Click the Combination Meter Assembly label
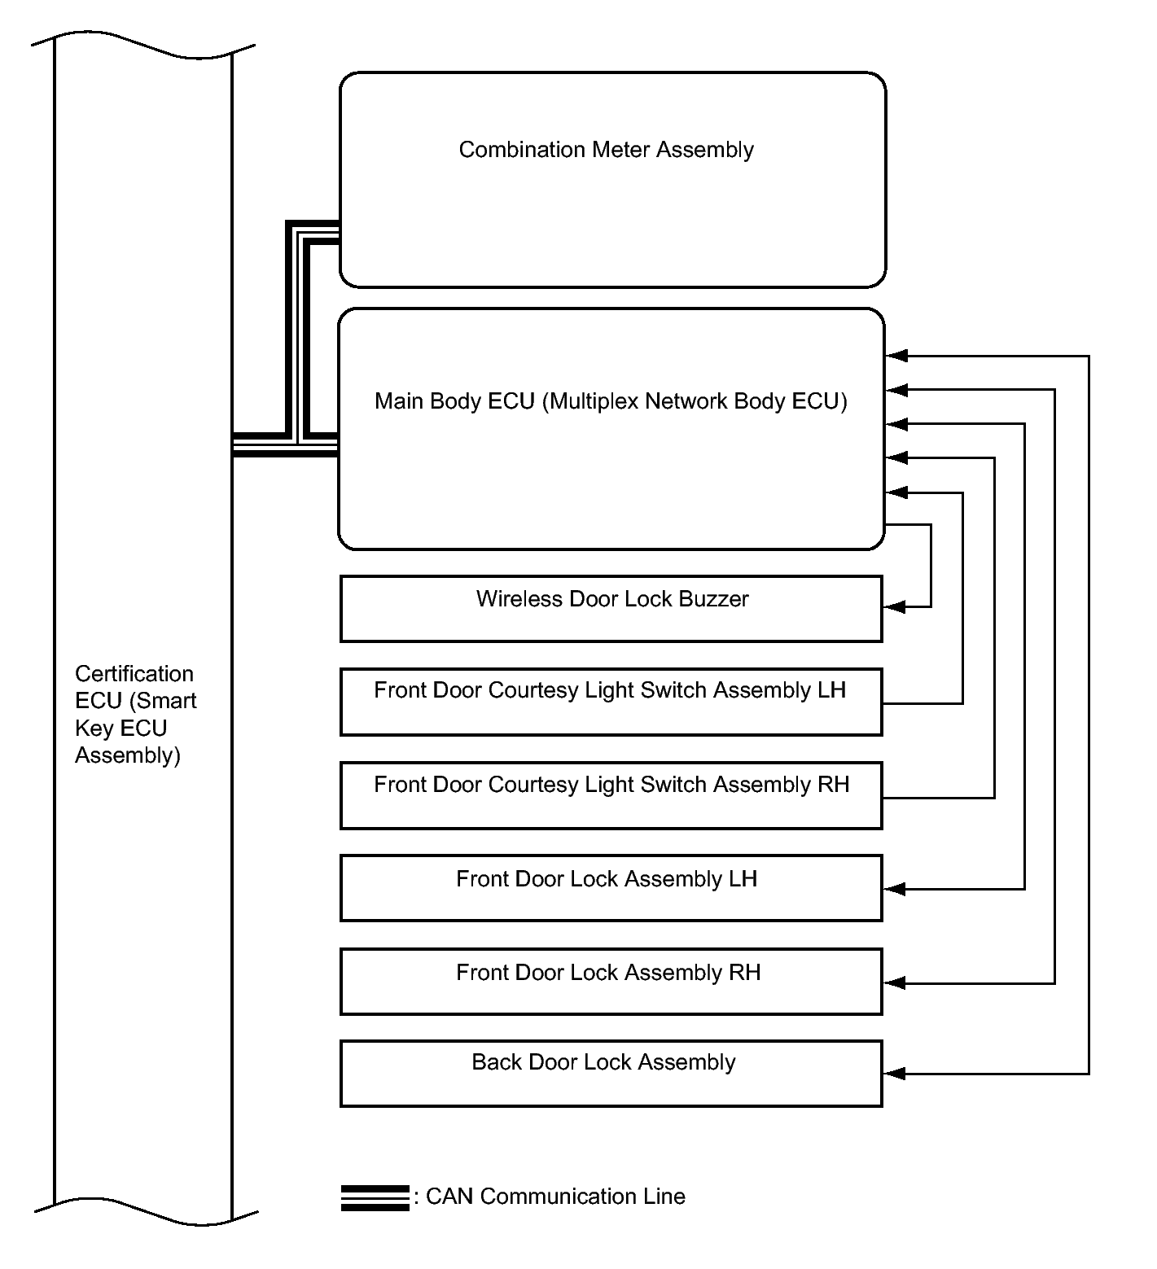[x=606, y=150]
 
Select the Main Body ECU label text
[x=611, y=401]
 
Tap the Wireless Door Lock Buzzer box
[x=611, y=609]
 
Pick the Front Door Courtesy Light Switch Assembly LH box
[x=611, y=702]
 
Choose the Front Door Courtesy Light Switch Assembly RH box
[x=611, y=795]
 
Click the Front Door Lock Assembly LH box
[x=611, y=888]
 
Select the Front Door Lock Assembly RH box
[x=611, y=981]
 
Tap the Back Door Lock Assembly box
[x=611, y=1073]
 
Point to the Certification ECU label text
[x=135, y=715]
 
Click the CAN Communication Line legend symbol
[x=375, y=1198]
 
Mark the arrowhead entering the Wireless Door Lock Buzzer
[x=894, y=606]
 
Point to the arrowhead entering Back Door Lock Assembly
[x=894, y=1074]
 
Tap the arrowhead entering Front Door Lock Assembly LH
[x=894, y=889]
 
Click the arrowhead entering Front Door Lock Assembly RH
[x=894, y=983]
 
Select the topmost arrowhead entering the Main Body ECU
[x=896, y=356]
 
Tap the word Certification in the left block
[x=134, y=674]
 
